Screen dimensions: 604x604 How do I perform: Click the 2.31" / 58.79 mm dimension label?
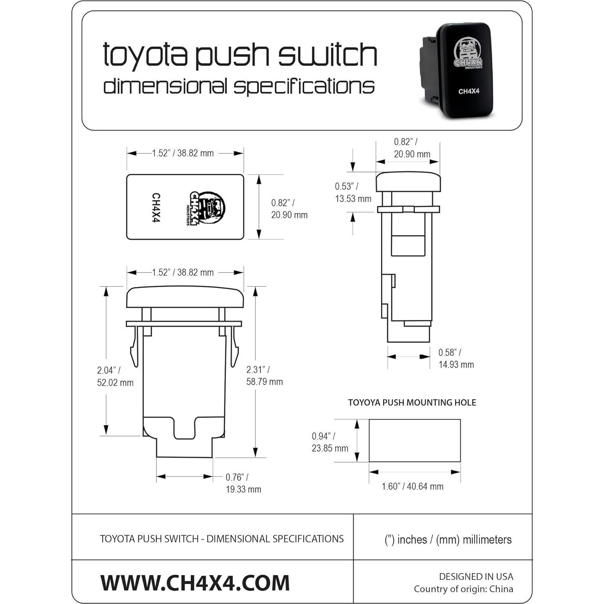264,375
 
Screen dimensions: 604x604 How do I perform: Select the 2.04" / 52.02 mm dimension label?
115,376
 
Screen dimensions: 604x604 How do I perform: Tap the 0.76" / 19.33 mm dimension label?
243,483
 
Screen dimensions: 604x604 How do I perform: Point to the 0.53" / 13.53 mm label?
353,192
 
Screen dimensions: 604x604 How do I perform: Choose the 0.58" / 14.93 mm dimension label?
456,358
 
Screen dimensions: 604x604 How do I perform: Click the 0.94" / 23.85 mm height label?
330,442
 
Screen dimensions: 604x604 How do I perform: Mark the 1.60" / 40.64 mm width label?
412,486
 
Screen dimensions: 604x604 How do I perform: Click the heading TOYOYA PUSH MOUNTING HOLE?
412,402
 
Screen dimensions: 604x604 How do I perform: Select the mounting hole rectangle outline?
415,440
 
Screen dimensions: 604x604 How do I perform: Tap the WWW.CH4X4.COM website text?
195,582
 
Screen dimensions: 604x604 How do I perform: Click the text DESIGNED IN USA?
476,576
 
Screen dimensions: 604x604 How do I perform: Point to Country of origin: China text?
463,589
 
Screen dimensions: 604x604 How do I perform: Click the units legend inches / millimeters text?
448,539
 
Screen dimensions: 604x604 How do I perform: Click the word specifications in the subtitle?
304,86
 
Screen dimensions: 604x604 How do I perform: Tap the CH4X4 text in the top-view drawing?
156,207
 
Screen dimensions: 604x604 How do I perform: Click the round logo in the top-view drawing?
207,208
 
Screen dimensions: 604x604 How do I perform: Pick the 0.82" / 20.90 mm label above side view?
412,148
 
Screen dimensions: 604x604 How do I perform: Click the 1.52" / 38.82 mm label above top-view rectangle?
183,153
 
